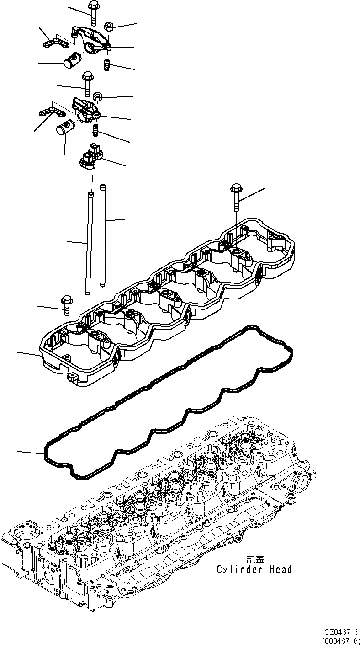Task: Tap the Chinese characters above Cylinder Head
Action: [254, 559]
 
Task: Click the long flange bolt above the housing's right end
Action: [236, 196]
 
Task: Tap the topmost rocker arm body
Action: [91, 40]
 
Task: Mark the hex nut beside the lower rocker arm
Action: [98, 96]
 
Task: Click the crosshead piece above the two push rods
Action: [90, 155]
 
